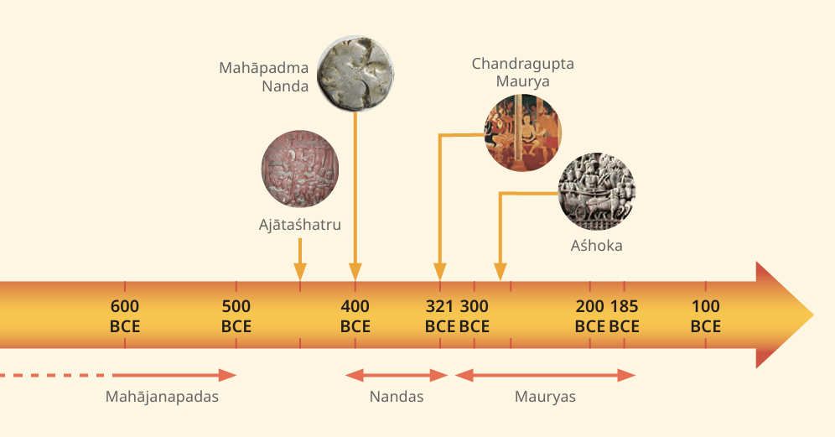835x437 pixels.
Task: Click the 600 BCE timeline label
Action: (x=125, y=316)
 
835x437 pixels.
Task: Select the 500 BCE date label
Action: (x=236, y=316)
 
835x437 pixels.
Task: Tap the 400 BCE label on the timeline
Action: (x=355, y=316)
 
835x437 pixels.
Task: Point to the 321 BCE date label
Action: (x=440, y=316)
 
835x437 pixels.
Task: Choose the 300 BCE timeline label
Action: (x=474, y=316)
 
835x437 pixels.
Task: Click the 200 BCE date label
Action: (x=590, y=316)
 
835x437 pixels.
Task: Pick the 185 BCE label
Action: (x=624, y=316)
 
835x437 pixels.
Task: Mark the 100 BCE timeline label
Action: (x=706, y=316)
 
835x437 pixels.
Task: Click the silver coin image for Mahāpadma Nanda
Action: (x=355, y=74)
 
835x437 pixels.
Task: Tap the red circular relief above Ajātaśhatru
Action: (x=300, y=169)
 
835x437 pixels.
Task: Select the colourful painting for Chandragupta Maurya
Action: (x=523, y=133)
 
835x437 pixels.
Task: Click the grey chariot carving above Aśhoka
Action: (x=596, y=191)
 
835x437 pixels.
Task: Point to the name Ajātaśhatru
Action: (x=300, y=225)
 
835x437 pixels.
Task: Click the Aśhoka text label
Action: (x=596, y=246)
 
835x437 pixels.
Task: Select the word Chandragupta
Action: (x=523, y=64)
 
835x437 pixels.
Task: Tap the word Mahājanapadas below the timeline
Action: (x=162, y=397)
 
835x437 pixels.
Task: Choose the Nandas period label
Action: (x=397, y=397)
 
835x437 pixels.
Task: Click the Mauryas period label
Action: (x=545, y=397)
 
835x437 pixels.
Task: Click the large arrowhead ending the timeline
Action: (x=785, y=315)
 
